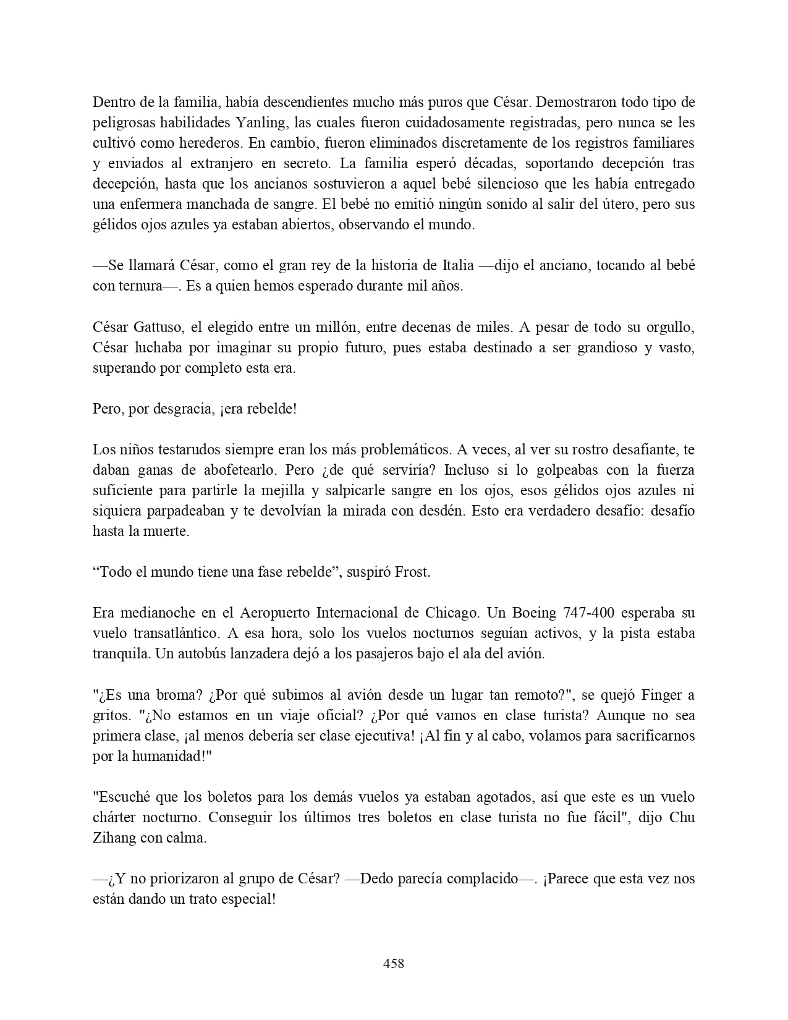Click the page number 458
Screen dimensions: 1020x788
coord(394,963)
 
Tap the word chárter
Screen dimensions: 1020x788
coord(115,817)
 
